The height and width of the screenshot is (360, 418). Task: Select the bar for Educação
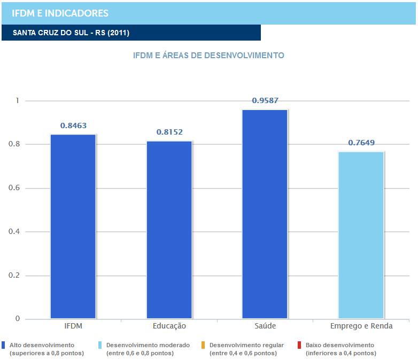[x=169, y=230]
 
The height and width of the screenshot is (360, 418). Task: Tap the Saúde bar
[x=265, y=214]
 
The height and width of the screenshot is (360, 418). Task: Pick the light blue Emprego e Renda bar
[x=361, y=235]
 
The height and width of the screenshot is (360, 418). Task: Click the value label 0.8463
[x=73, y=126]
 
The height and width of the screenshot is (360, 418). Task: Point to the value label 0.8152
[x=169, y=132]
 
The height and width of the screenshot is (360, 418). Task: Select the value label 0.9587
[x=265, y=100]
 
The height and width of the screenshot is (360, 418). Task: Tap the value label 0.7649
[x=361, y=143]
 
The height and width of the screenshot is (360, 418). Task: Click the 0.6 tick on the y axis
[x=15, y=188]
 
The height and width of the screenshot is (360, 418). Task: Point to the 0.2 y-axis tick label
[x=15, y=276]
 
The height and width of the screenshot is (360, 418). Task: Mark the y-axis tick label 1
[x=17, y=100]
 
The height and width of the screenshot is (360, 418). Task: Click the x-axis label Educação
[x=169, y=326]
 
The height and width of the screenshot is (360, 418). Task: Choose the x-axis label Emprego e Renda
[x=361, y=326]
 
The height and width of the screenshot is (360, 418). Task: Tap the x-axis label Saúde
[x=265, y=326]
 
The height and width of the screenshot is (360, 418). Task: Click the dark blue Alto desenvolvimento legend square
[x=4, y=345]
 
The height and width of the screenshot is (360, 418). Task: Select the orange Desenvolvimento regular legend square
[x=204, y=345]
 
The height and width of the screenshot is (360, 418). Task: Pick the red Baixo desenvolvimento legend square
[x=300, y=345]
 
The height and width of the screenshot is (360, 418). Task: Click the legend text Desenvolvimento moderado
[x=148, y=345]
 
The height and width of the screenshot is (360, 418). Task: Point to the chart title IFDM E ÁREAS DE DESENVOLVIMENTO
[x=208, y=55]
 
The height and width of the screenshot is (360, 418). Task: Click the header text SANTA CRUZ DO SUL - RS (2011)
[x=71, y=33]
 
